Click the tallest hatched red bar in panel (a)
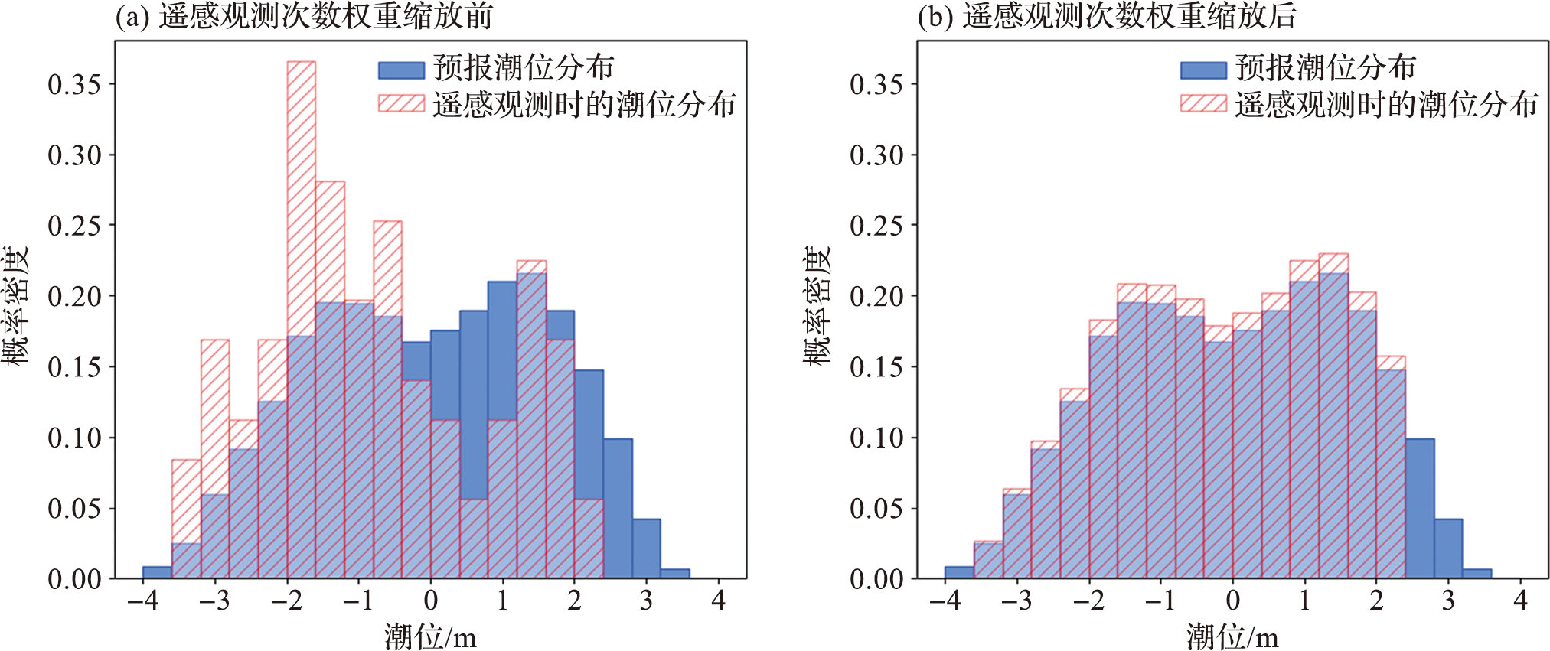point(301,199)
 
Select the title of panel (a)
point(304,16)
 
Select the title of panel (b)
point(1106,16)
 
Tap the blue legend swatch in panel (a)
point(401,70)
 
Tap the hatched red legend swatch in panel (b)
point(1203,103)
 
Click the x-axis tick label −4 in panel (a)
point(143,601)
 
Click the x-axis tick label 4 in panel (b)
point(1520,601)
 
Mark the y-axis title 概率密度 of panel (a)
point(15,306)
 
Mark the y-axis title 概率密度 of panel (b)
point(817,306)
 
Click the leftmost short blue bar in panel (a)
point(157,572)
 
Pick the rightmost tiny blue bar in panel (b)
point(1477,574)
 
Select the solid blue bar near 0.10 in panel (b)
point(1419,509)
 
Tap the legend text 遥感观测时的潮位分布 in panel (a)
point(584,104)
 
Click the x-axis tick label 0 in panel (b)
point(1232,601)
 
